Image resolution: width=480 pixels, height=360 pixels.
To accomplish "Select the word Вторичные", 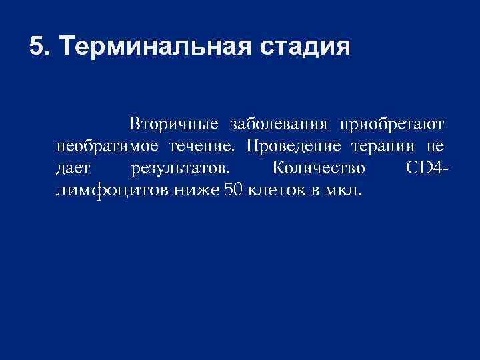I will coord(174,125).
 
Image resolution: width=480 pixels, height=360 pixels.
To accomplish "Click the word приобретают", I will coord(392,125).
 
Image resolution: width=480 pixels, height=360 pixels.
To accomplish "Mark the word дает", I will coord(73,167).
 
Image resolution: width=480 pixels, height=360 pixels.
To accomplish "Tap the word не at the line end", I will coord(435,146).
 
